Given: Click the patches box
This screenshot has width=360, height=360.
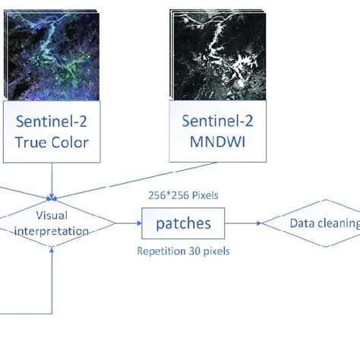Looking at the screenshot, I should pyautogui.click(x=184, y=223).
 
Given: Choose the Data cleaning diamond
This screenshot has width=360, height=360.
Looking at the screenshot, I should pyautogui.click(x=315, y=223).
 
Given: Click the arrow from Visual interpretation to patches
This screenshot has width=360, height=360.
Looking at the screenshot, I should pyautogui.click(x=127, y=223).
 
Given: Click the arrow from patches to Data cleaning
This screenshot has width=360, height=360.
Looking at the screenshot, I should pyautogui.click(x=243, y=223).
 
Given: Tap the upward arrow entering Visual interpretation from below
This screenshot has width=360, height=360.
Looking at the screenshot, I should pyautogui.click(x=52, y=273).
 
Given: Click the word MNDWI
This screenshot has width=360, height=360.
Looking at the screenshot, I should pyautogui.click(x=215, y=142).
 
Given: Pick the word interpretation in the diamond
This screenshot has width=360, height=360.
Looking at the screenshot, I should pyautogui.click(x=52, y=231).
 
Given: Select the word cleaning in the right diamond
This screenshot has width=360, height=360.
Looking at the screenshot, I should pyautogui.click(x=339, y=223).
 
